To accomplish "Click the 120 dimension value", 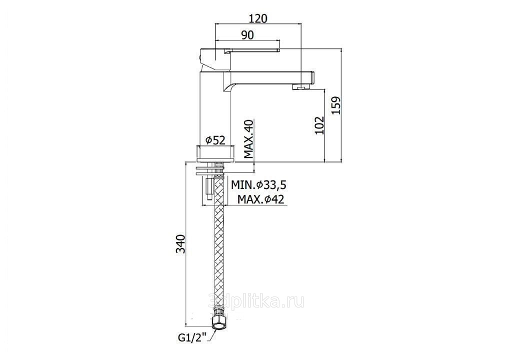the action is (258, 18).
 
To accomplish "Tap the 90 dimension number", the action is (248, 35).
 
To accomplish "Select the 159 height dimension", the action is (336, 105).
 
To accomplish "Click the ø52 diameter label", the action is (215, 140).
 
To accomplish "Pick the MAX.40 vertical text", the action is (249, 139).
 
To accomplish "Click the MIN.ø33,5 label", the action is (258, 185).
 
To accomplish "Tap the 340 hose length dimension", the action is (180, 243).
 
